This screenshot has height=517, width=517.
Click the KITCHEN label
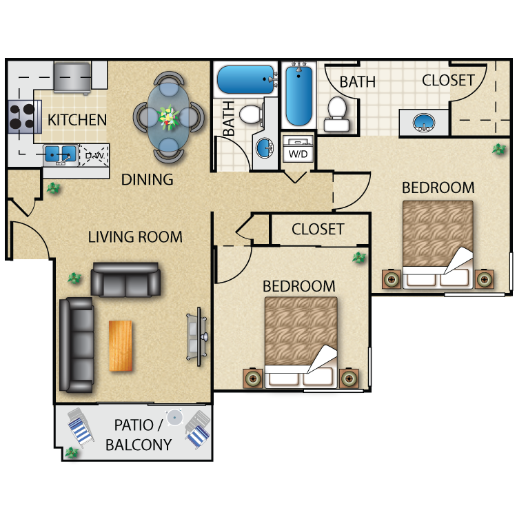[x=77, y=120]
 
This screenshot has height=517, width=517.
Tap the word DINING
[x=147, y=180]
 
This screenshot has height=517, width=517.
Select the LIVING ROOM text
[x=135, y=237]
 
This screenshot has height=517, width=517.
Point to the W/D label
[x=298, y=154]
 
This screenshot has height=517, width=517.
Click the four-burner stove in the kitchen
[x=21, y=116]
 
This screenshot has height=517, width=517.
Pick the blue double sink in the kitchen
[x=60, y=154]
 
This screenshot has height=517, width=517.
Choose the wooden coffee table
[x=121, y=345]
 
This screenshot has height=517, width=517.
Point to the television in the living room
[x=194, y=336]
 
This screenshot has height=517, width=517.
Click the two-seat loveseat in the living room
[x=126, y=279]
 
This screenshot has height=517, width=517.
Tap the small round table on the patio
[x=175, y=417]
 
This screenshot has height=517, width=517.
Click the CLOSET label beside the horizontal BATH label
[x=448, y=80]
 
